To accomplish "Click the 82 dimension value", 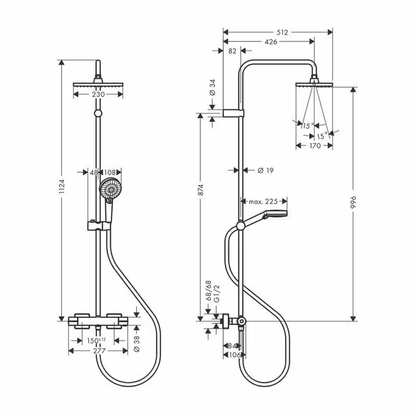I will point(231,51).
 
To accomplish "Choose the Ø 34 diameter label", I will point(212,89).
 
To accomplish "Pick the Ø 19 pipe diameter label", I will point(265,169).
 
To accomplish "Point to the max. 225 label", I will point(262,202).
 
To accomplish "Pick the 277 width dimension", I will point(100,350).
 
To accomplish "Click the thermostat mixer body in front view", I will point(100,320).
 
